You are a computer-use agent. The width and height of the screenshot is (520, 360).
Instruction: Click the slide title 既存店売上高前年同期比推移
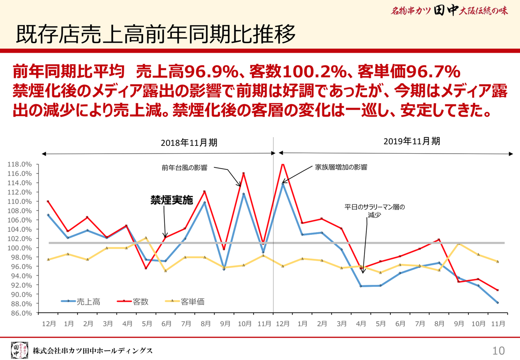pos(156,35)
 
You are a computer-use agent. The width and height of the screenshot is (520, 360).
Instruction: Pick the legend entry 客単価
pos(192,301)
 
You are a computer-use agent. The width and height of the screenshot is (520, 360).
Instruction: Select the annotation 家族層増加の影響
pos(341,167)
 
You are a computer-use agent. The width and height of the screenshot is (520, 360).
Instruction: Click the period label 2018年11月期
pos(189,143)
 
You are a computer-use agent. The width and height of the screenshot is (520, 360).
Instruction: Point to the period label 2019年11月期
pos(412,141)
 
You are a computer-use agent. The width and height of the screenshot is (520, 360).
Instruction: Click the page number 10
pos(498,350)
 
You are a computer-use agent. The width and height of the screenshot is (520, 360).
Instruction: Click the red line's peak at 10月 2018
pos(244,173)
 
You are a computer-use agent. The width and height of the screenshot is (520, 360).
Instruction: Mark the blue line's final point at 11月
pos(497,303)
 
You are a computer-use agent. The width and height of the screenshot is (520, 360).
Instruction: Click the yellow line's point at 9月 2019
pos(459,244)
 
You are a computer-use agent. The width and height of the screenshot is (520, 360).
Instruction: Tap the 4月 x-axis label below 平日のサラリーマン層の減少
pos(361,324)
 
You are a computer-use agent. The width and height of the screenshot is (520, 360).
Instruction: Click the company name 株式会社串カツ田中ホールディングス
pos(93,350)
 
